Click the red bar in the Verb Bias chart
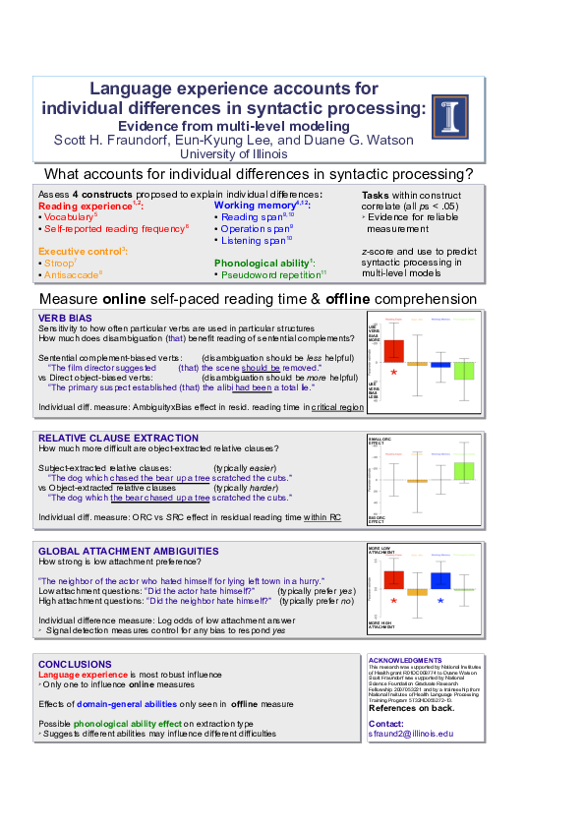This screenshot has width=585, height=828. [393, 351]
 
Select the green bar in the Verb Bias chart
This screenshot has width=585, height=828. [464, 370]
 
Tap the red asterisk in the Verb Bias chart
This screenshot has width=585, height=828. [394, 373]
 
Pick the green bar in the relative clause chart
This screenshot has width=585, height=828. [464, 471]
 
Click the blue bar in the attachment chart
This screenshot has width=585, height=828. [440, 580]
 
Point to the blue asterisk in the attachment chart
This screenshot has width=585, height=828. [440, 600]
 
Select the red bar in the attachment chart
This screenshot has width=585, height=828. [394, 578]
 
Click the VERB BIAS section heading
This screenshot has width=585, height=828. [64, 318]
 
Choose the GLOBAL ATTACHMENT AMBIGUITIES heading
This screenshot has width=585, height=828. [114, 552]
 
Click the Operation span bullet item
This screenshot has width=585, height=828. [257, 228]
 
